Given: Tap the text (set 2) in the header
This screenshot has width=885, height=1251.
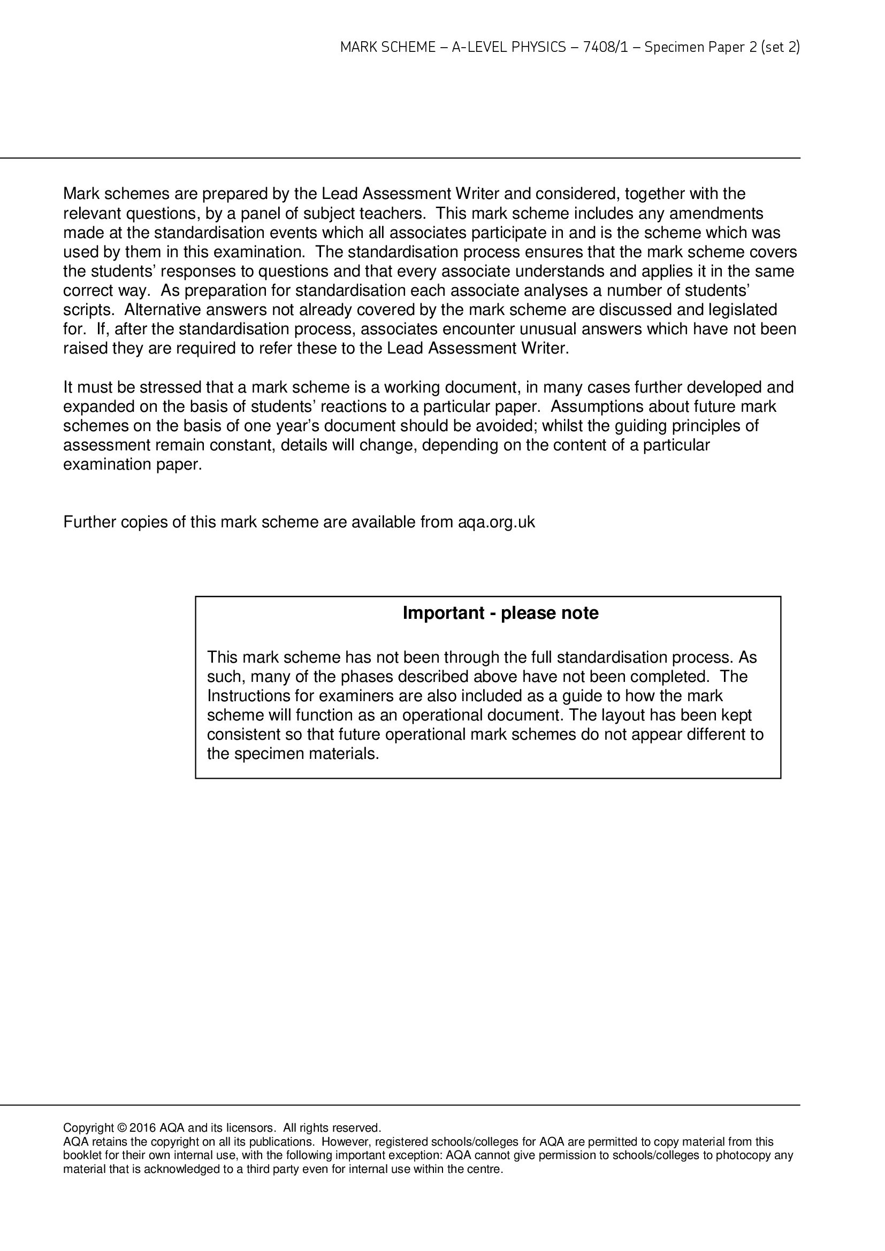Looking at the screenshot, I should tap(780, 48).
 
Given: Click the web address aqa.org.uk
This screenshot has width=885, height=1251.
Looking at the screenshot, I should tap(497, 522).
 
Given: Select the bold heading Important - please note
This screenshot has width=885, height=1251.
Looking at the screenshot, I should tap(500, 613).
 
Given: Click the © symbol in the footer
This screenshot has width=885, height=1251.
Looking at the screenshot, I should tap(122, 1127).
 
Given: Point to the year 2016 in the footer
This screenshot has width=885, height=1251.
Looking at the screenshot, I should tap(143, 1127).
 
